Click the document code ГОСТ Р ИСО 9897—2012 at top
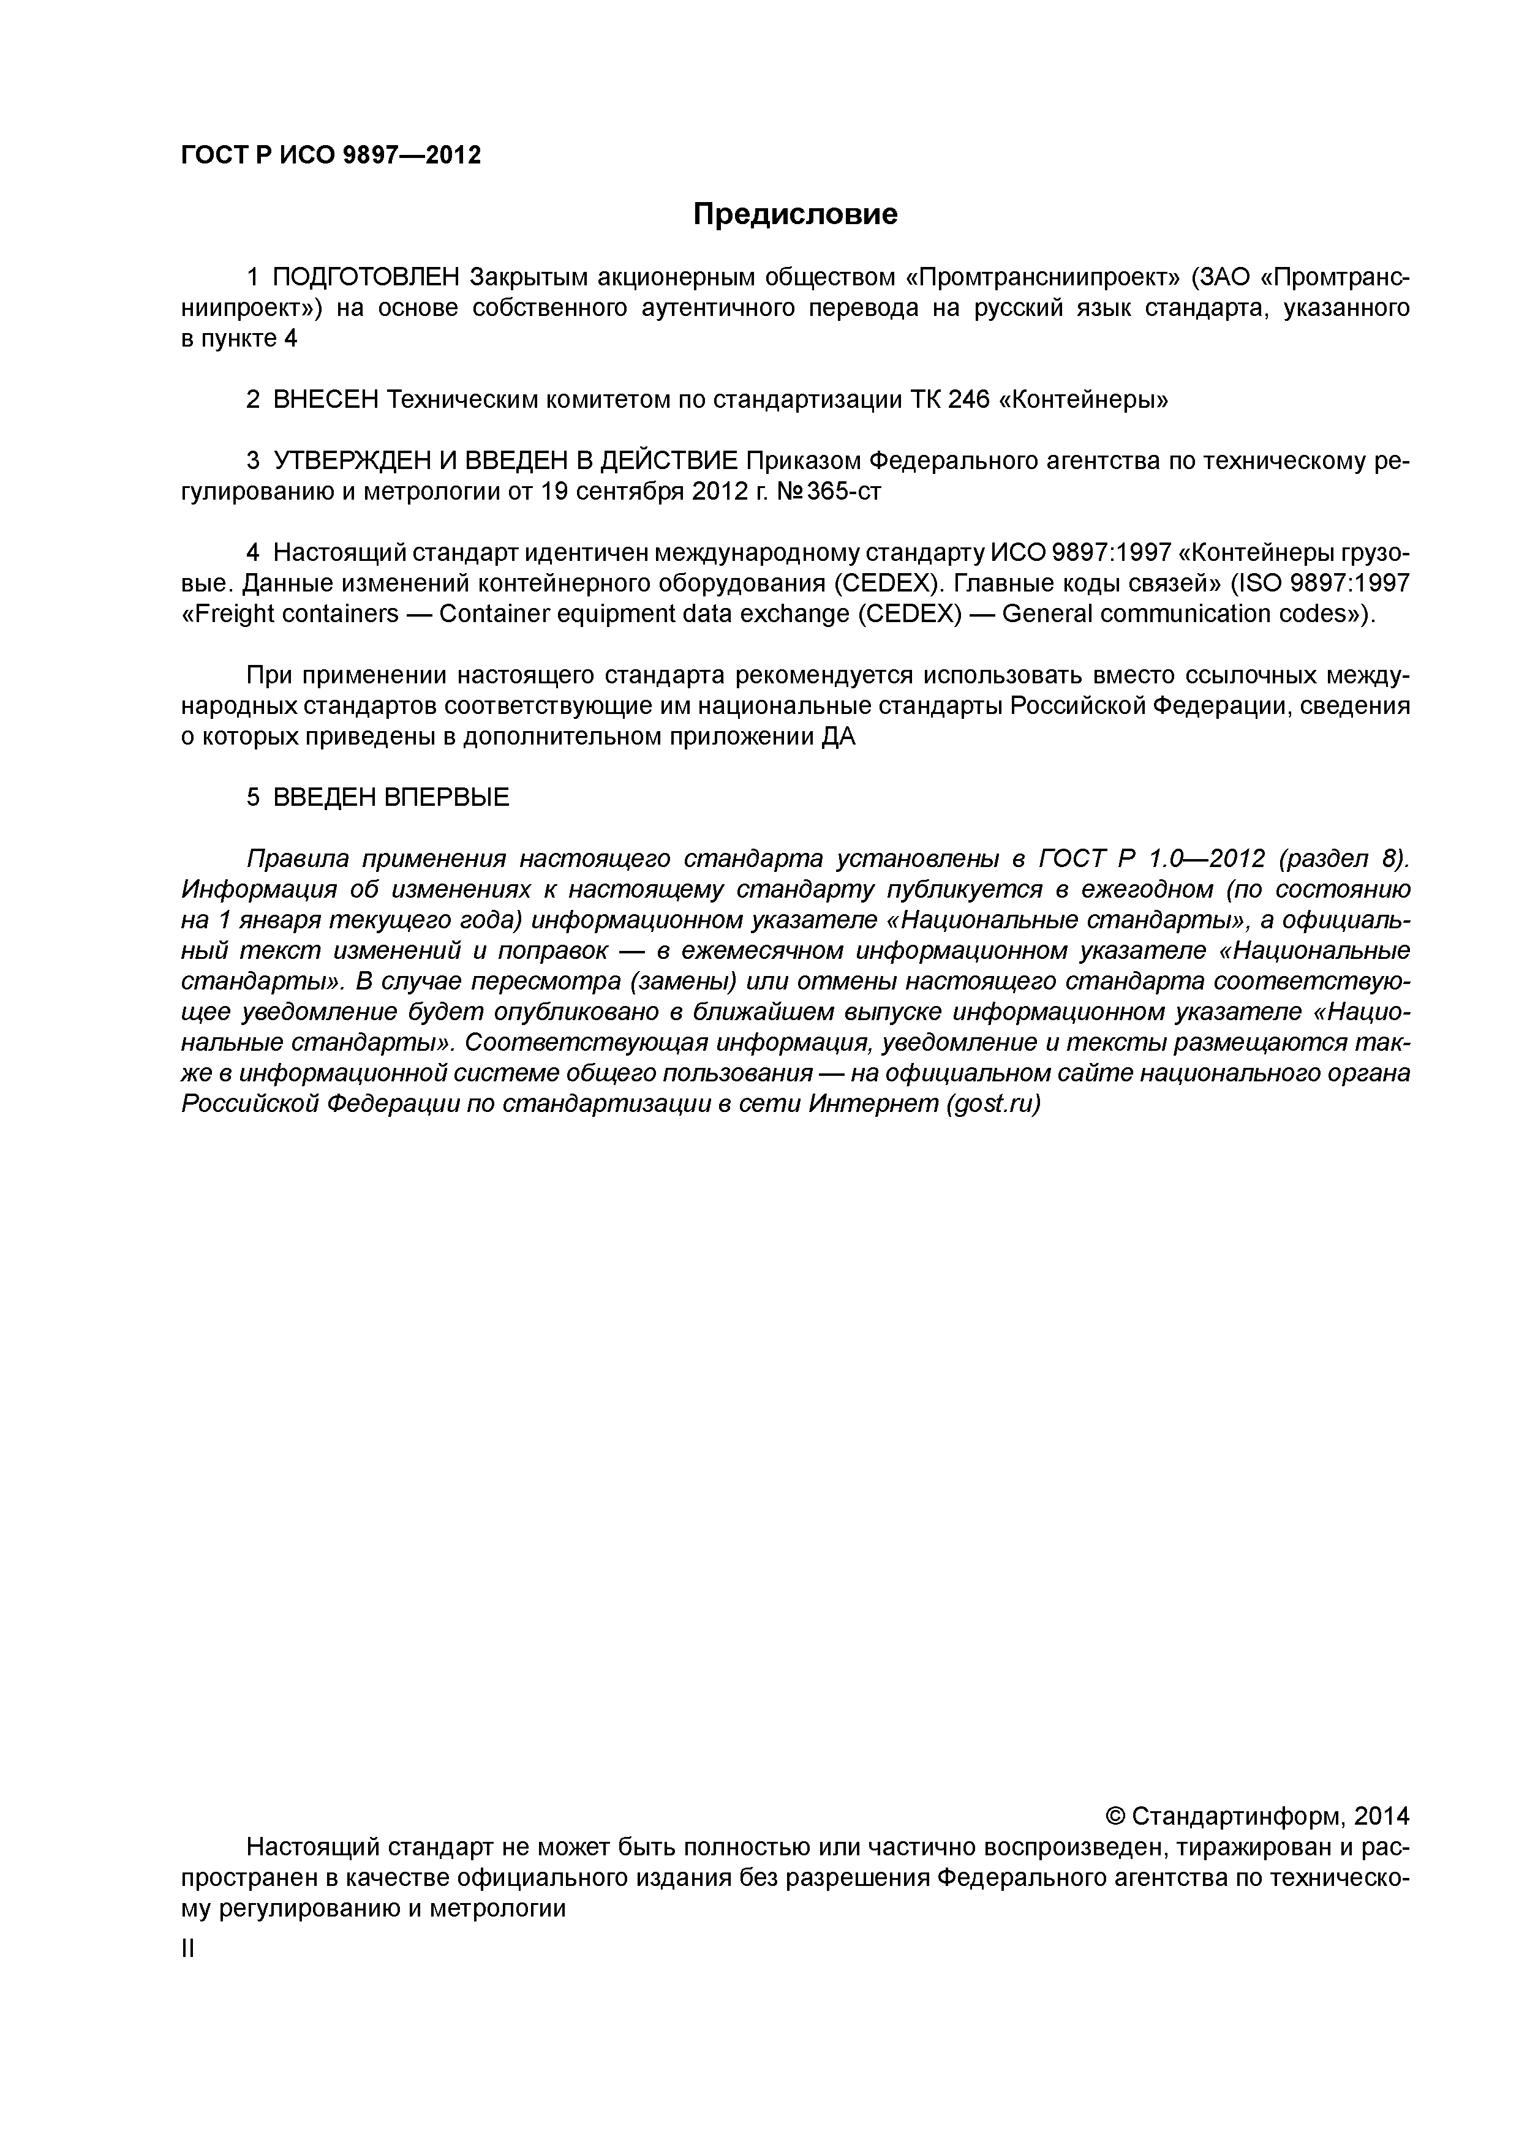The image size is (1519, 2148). click(330, 156)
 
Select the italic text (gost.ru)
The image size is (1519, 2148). click(993, 1104)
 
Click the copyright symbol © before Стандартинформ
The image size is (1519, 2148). click(1115, 1817)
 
